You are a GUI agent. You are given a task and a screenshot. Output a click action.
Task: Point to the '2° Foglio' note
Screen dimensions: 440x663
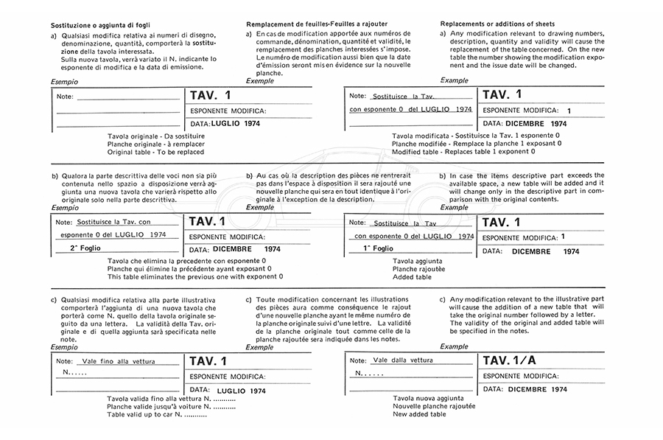click(x=84, y=249)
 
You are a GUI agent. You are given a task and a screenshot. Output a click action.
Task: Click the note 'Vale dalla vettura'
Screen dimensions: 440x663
click(x=403, y=360)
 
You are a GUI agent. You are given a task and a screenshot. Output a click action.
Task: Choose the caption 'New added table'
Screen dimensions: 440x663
click(x=419, y=414)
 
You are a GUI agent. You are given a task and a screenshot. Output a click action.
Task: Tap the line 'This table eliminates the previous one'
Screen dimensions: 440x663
click(x=194, y=276)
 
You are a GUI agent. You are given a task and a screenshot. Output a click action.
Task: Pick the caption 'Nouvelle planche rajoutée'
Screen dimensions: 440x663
click(x=434, y=406)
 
